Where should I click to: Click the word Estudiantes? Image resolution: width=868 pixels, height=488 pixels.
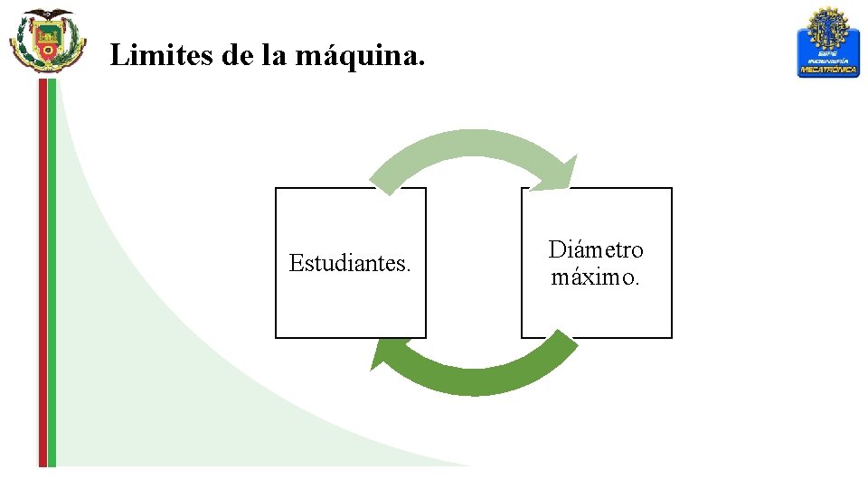click(x=350, y=263)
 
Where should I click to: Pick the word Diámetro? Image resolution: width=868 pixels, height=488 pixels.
click(x=596, y=249)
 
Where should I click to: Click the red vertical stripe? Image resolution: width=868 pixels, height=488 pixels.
click(x=42, y=271)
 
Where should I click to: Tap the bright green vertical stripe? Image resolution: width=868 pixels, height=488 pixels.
click(x=52, y=271)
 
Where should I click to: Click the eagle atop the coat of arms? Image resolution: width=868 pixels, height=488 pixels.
click(x=48, y=16)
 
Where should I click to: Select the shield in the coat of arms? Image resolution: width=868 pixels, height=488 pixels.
click(x=47, y=41)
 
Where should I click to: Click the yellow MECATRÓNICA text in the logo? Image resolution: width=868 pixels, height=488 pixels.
click(x=827, y=70)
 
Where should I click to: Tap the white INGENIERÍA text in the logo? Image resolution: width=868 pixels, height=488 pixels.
click(x=827, y=61)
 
